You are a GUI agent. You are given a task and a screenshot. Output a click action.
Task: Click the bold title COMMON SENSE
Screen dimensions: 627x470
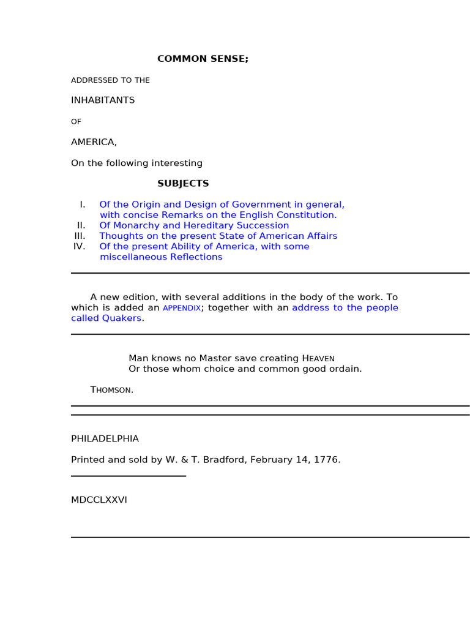[203, 59]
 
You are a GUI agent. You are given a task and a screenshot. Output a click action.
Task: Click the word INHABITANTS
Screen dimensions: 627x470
[103, 100]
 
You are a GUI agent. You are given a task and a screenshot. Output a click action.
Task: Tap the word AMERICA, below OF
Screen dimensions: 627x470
[94, 142]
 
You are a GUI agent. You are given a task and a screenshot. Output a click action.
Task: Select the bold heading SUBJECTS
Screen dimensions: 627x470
[183, 184]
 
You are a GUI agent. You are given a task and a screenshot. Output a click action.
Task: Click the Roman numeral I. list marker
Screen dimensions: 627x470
[82, 205]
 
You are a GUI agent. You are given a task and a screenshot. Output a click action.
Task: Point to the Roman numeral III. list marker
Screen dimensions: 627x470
[80, 236]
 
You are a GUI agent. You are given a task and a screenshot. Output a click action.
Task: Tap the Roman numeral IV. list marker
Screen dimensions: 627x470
[79, 246]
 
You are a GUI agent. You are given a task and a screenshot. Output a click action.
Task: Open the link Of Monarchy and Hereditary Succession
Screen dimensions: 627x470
[194, 225]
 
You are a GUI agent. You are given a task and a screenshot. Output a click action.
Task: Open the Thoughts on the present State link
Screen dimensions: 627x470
[218, 236]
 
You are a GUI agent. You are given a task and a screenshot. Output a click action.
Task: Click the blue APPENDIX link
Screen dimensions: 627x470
[181, 308]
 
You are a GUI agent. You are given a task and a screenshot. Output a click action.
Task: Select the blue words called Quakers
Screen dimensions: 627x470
[106, 318]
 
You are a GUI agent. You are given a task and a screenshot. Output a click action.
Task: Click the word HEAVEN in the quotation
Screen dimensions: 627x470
[318, 358]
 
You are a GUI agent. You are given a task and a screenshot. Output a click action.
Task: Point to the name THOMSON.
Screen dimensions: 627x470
[111, 390]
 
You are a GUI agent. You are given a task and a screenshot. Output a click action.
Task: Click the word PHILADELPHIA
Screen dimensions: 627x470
[105, 439]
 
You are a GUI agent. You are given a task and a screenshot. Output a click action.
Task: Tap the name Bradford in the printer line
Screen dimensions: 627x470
[225, 460]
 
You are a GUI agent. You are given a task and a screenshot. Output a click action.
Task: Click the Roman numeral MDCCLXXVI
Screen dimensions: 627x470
[99, 500]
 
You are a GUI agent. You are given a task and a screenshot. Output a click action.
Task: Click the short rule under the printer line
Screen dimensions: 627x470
[128, 476]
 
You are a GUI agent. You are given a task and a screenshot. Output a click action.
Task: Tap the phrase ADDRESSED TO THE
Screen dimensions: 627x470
[110, 80]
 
